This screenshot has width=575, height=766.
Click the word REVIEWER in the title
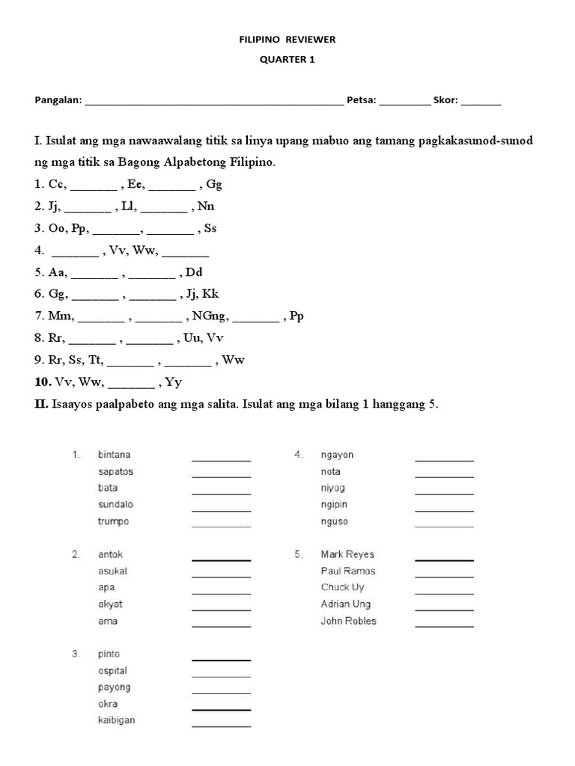[x=314, y=39]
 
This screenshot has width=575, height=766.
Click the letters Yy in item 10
[x=174, y=382]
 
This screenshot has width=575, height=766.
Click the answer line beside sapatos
[x=221, y=476]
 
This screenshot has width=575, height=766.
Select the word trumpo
[x=113, y=521]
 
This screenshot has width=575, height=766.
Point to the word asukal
[x=112, y=571]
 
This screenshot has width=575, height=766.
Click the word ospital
[x=112, y=671]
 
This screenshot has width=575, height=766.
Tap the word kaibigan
[x=117, y=720]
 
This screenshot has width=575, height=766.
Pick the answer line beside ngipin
[x=444, y=509]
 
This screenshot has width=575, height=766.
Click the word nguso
[x=334, y=521]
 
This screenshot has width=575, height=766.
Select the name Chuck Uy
[x=342, y=587]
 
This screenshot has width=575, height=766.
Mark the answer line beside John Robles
[x=444, y=625]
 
